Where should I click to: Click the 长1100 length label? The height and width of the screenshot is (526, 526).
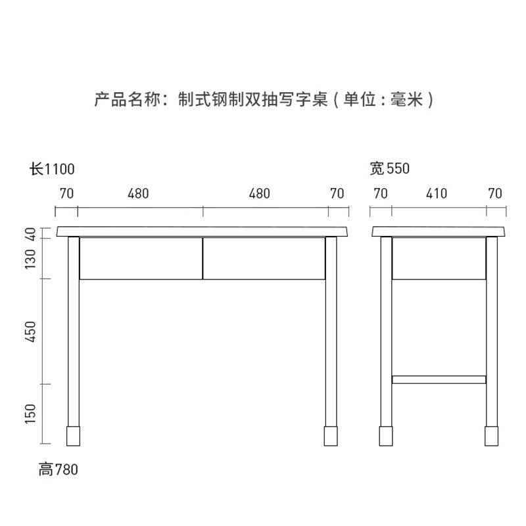[52, 169]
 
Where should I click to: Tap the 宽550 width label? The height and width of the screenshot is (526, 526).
[389, 169]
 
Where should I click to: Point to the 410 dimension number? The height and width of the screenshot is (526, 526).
[437, 193]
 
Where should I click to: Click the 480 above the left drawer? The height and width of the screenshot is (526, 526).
[138, 193]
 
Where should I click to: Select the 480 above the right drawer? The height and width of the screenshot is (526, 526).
[260, 193]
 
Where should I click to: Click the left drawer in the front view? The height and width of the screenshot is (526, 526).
[141, 258]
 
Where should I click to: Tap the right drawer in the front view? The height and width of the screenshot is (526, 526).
[264, 258]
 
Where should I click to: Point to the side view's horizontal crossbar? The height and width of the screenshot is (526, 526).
[439, 379]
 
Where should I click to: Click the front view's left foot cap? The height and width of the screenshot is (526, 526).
[74, 435]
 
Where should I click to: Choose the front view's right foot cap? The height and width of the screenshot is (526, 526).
[331, 435]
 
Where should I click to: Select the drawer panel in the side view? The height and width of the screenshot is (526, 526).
[439, 258]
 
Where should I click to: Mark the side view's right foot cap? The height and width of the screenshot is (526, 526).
[491, 435]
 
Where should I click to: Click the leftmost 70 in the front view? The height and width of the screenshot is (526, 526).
[66, 193]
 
